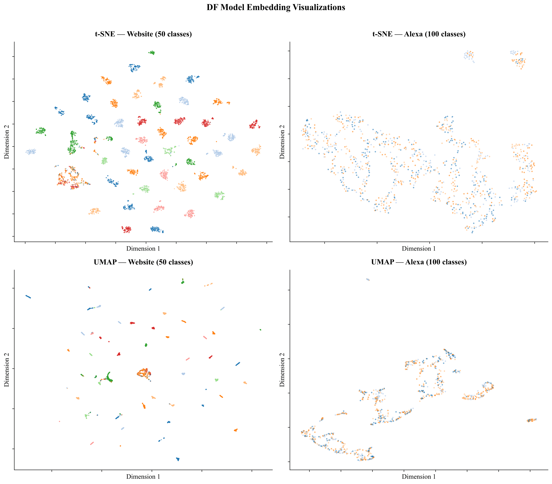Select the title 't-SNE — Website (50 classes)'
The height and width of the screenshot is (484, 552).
click(143, 34)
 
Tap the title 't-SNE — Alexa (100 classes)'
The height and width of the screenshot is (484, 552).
click(419, 34)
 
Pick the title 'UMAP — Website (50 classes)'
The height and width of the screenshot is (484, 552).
click(143, 262)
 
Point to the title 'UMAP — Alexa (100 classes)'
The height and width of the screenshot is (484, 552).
click(419, 262)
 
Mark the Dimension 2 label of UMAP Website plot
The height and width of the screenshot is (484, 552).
click(6, 370)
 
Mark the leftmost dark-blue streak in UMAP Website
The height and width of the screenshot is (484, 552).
click(28, 297)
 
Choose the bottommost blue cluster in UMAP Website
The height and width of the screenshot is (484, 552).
click(178, 459)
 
